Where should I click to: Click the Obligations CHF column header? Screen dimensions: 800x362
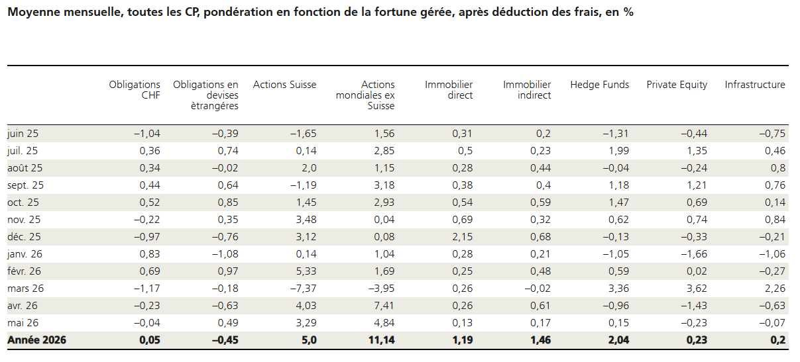(x=135, y=90)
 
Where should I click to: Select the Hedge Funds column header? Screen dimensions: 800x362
(x=600, y=85)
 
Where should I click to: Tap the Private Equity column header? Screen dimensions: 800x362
(x=677, y=85)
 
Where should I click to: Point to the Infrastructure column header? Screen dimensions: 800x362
(x=755, y=85)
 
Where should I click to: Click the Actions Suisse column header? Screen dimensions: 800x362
(x=284, y=85)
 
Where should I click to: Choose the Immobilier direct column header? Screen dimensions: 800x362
(x=449, y=90)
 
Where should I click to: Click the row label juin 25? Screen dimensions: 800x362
(x=23, y=134)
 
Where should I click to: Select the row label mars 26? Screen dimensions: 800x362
(x=25, y=288)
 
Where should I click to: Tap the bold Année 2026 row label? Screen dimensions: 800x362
(x=37, y=340)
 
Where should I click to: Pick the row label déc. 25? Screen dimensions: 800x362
(x=24, y=237)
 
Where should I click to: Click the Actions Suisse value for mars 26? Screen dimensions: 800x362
(x=303, y=288)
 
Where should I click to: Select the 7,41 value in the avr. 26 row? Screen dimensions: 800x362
(x=384, y=306)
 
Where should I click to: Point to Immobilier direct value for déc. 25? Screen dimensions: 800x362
(x=463, y=237)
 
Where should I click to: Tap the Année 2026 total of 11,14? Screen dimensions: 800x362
(x=381, y=340)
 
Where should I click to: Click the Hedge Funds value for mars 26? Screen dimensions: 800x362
(x=618, y=288)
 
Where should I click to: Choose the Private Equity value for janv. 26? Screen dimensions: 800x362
(x=694, y=254)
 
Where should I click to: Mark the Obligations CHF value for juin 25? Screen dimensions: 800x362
(x=147, y=134)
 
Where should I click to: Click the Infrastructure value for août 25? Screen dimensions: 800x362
(x=778, y=168)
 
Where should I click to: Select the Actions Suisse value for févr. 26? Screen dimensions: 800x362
(x=306, y=271)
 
